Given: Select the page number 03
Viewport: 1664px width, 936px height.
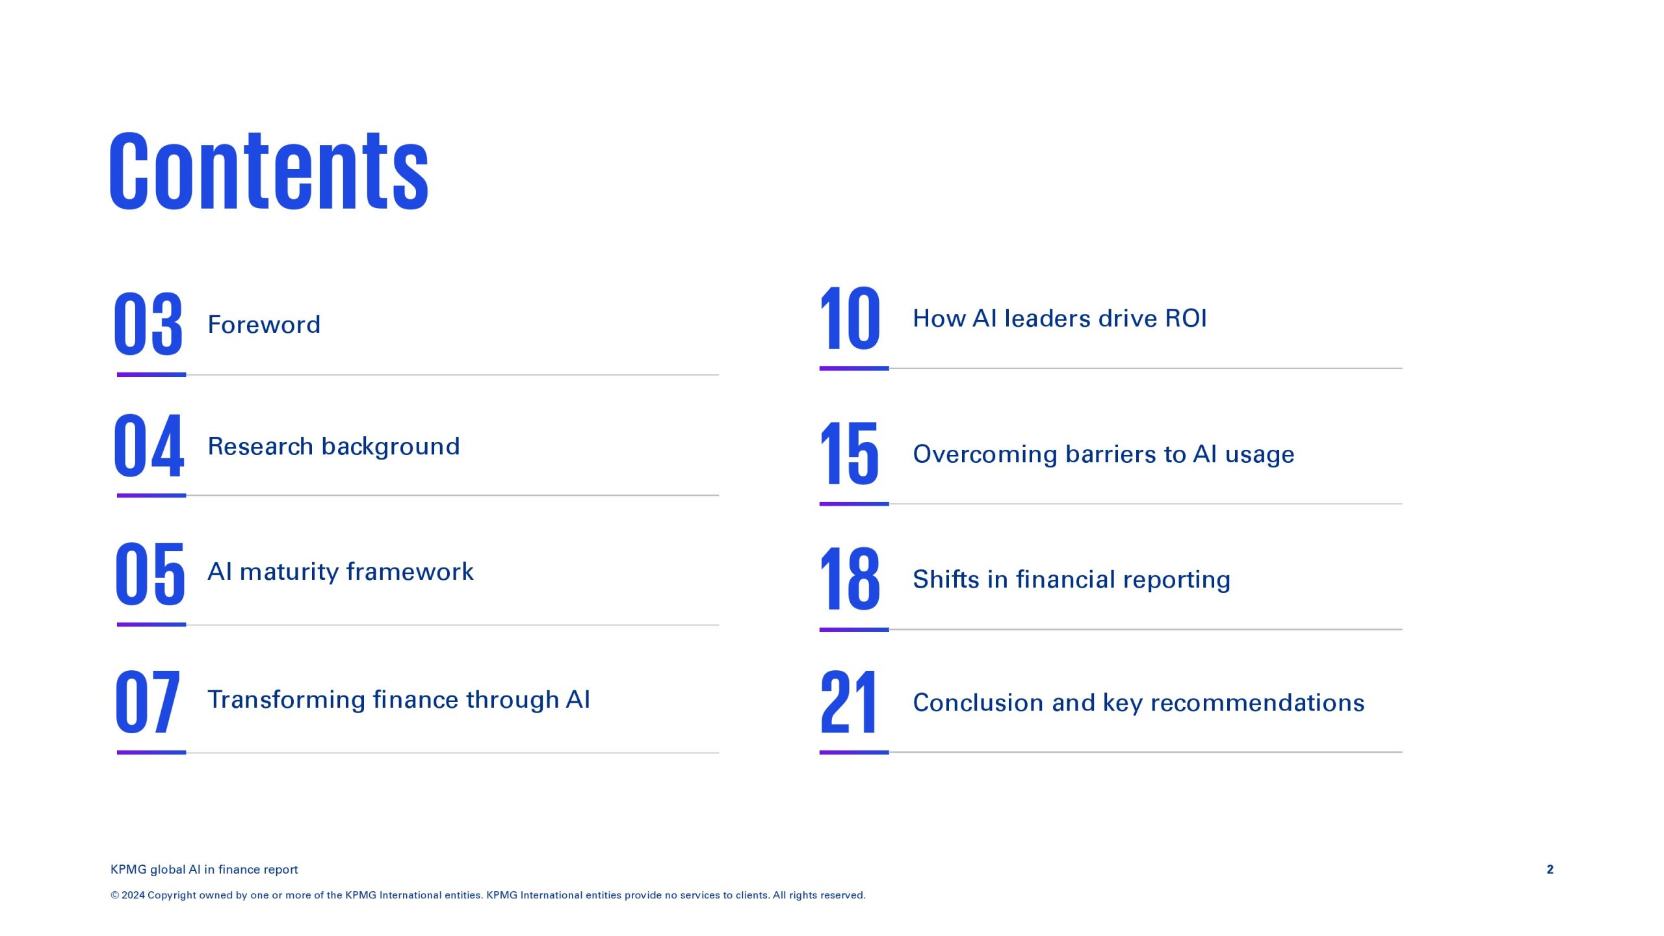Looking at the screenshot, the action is point(149,323).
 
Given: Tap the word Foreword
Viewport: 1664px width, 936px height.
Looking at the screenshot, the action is point(264,324).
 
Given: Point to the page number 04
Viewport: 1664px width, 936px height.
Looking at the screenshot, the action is point(149,445).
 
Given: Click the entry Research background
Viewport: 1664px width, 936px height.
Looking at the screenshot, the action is point(333,447).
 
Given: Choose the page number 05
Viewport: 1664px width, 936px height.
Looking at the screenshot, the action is point(150,573).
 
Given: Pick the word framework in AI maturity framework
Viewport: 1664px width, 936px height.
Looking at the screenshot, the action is point(410,571).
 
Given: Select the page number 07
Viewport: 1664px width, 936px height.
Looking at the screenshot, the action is point(148,702).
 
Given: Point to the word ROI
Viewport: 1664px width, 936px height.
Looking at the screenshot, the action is point(1186,318).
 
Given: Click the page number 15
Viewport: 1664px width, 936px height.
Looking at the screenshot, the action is point(850,452).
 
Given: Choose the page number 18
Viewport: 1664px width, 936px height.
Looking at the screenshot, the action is point(850,578).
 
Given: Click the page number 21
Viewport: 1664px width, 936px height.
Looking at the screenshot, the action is point(849,701).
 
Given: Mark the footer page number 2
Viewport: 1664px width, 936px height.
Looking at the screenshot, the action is point(1550,870).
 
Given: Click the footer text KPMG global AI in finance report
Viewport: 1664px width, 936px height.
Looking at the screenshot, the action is point(204,870).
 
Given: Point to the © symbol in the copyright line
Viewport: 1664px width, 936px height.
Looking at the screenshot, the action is point(115,896).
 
